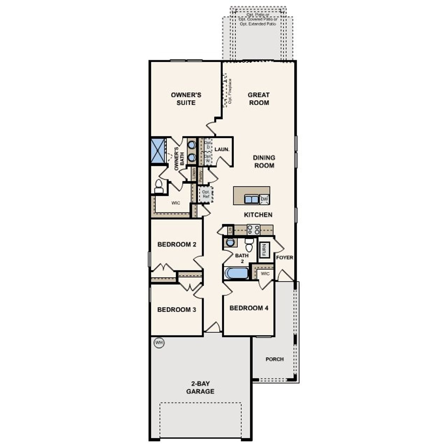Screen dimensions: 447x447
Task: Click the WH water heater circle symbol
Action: [159, 343]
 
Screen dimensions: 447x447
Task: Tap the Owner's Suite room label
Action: [186, 99]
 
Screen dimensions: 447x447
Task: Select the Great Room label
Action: [259, 99]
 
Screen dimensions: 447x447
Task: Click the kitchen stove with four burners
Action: [254, 229]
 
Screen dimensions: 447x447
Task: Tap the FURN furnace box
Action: [264, 250]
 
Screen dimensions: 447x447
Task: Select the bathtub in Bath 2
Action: [236, 273]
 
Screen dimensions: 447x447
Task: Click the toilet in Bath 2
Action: [249, 245]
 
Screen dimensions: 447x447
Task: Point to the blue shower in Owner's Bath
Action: [158, 151]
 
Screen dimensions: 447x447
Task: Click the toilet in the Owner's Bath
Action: [159, 186]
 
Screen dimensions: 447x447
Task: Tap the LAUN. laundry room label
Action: [222, 149]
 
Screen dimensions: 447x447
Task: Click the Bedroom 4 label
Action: [249, 308]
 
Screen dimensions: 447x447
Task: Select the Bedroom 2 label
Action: [177, 244]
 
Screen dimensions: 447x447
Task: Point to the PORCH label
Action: [274, 359]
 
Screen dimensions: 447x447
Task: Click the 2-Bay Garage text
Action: [200, 388]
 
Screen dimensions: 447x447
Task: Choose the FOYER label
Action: [285, 258]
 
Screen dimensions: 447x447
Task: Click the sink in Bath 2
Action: [230, 242]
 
